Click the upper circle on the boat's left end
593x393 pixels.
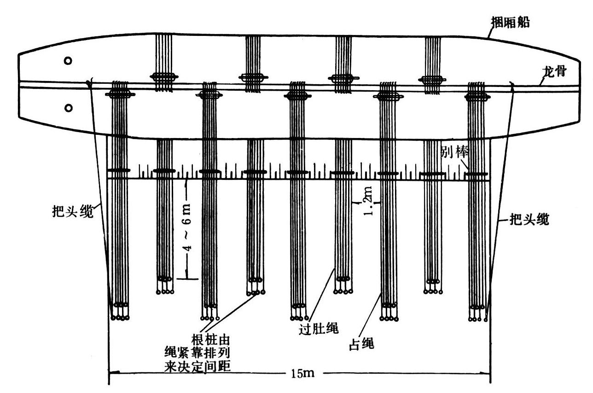click(x=68, y=61)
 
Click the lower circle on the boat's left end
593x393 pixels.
click(x=68, y=108)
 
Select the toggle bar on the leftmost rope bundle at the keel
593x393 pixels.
click(x=120, y=95)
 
